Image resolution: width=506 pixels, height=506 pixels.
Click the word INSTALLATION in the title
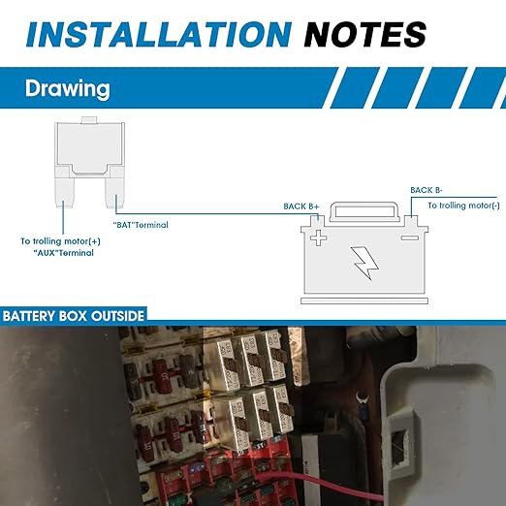159,35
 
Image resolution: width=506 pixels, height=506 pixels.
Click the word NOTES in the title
365,35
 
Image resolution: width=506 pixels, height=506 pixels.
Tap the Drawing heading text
68,88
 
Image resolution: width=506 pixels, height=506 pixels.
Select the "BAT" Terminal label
141,225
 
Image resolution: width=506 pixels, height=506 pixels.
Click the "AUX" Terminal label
64,253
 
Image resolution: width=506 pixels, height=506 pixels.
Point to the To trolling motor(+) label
61,241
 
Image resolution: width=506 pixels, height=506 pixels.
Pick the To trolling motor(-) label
463,206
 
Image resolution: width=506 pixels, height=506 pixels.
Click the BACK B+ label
301,206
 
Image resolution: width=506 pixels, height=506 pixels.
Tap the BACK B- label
427,190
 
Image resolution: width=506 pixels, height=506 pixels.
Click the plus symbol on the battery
318,237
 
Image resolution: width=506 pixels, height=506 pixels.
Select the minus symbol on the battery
410,237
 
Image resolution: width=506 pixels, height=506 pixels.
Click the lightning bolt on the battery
365,263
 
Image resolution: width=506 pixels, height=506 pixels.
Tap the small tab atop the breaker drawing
89,120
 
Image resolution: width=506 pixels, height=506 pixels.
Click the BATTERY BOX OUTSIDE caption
74,316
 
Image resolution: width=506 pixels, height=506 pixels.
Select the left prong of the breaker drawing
65,193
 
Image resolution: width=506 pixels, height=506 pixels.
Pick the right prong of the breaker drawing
114,193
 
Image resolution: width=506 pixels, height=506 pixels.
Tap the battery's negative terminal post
411,221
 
